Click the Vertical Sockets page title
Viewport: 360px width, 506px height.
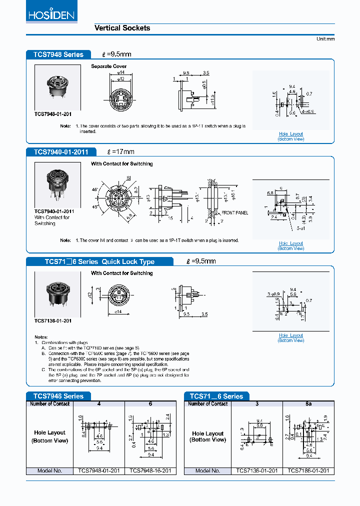click(x=122, y=28)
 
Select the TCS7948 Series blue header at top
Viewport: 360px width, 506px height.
click(x=58, y=54)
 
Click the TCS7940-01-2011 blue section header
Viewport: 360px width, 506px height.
click(x=60, y=151)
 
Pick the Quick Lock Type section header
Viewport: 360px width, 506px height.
click(x=99, y=261)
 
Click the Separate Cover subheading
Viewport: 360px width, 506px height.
click(x=108, y=66)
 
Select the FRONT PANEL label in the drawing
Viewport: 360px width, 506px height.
click(x=234, y=213)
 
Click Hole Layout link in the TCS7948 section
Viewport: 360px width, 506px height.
click(x=290, y=134)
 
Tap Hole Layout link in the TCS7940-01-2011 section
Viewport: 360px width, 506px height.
click(x=290, y=243)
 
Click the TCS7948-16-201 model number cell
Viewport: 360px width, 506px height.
click(x=150, y=471)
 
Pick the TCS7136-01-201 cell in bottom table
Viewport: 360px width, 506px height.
click(x=256, y=471)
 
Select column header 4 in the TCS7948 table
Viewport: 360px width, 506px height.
click(x=99, y=403)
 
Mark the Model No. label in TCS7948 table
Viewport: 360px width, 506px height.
click(x=50, y=471)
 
